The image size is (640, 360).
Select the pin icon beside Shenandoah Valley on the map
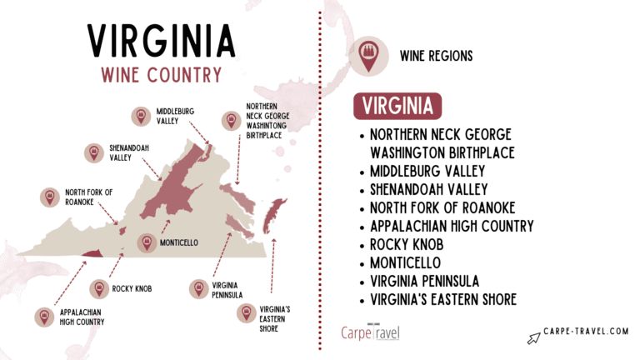click(x=93, y=152)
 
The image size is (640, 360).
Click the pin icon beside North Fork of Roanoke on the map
click(x=50, y=197)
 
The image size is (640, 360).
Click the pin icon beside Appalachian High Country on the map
click(x=43, y=317)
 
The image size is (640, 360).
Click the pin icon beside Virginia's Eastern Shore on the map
click(x=246, y=313)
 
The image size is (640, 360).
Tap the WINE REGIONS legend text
click(x=437, y=56)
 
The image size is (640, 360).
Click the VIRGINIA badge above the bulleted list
click(x=397, y=107)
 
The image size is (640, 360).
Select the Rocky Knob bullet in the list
click(x=410, y=244)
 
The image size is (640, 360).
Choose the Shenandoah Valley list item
click(x=429, y=189)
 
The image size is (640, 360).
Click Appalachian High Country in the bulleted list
click(x=452, y=226)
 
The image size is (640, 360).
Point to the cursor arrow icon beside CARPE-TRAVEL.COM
click(x=534, y=337)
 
